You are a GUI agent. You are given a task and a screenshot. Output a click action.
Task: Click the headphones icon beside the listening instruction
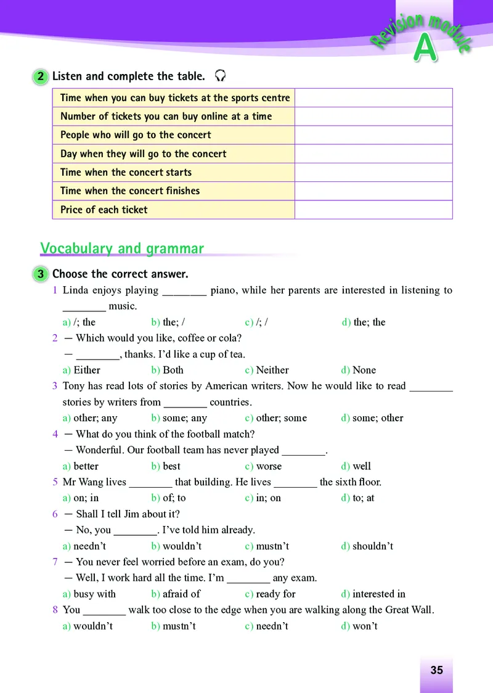tap(220, 76)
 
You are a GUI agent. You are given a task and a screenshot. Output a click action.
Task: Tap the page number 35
tap(436, 670)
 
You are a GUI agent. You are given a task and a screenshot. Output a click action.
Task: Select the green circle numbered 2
tap(41, 76)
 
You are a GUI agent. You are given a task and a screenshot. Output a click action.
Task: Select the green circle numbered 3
tap(41, 274)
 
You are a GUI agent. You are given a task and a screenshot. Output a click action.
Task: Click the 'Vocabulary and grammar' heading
tap(122, 248)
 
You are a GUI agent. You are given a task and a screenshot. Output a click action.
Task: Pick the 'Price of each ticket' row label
tap(104, 210)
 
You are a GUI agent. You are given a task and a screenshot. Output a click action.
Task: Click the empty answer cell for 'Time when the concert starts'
tap(373, 173)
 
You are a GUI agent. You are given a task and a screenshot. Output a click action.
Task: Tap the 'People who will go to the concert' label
tap(136, 135)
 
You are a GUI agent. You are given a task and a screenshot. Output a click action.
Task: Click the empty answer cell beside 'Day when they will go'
tap(373, 154)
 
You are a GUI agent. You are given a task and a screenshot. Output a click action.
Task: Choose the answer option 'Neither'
tap(272, 370)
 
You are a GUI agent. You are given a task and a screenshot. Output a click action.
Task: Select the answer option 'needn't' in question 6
tap(89, 546)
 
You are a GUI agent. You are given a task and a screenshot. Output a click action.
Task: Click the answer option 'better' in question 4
tap(86, 466)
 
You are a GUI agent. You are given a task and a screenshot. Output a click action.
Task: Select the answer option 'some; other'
tap(377, 418)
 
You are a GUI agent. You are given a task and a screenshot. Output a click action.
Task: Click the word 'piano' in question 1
tap(222, 290)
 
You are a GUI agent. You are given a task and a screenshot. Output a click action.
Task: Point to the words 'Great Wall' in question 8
tap(407, 610)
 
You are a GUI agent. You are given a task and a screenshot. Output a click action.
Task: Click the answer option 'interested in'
tap(378, 594)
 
